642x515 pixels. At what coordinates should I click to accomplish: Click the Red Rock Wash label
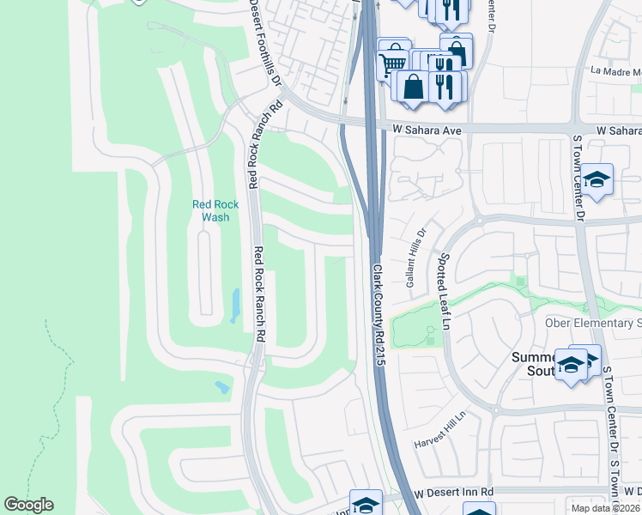(x=210, y=210)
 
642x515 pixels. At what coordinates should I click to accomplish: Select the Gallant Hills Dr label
(x=415, y=257)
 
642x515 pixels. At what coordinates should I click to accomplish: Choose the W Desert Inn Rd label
(x=453, y=493)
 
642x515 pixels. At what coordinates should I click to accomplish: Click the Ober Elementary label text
(x=593, y=323)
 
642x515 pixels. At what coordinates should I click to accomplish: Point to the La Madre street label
(x=616, y=72)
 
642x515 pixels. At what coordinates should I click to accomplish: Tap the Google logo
(x=28, y=505)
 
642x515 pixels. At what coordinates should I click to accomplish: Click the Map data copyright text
(x=605, y=508)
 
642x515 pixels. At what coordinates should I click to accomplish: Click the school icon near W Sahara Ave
(x=596, y=180)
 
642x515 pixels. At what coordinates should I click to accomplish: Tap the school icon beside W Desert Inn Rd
(x=366, y=505)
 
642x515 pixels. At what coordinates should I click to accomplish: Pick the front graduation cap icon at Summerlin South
(x=570, y=366)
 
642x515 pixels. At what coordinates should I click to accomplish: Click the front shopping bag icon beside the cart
(x=414, y=88)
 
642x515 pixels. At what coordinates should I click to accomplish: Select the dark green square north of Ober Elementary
(x=518, y=281)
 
